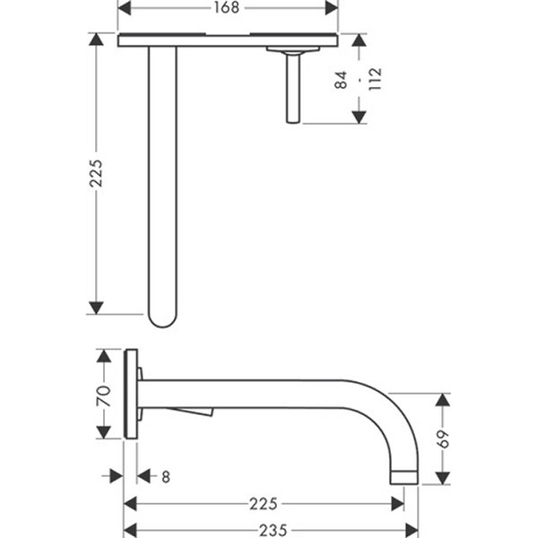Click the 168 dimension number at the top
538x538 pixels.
coord(227,7)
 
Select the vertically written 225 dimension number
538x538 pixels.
coord(96,173)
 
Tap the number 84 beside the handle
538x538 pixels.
coord(341,81)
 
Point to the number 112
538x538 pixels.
coord(375,79)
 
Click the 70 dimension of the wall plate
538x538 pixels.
coord(104,396)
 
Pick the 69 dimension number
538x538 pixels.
coord(443,438)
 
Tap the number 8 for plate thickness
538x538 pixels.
coord(166,477)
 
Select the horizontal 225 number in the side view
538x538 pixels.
coord(263,504)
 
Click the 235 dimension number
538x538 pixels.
coord(273,531)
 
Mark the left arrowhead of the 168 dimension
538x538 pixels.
coord(124,8)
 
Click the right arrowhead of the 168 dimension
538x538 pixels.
coord(332,8)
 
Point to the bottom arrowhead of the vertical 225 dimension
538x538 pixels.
coord(96,308)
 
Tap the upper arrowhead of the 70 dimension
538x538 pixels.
coord(104,356)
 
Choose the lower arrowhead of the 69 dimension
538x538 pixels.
coord(443,478)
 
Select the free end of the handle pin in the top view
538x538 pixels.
coord(293,120)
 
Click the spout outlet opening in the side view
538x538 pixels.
coord(404,483)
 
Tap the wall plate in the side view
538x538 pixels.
coord(131,394)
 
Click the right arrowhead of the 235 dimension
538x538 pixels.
coord(412,530)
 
